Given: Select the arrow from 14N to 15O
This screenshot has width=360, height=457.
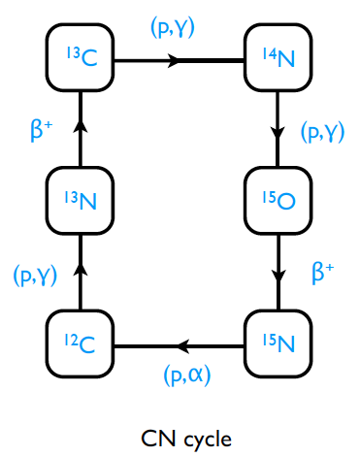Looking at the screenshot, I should click(278, 130).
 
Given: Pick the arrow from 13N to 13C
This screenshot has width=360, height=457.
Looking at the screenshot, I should click(82, 130).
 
